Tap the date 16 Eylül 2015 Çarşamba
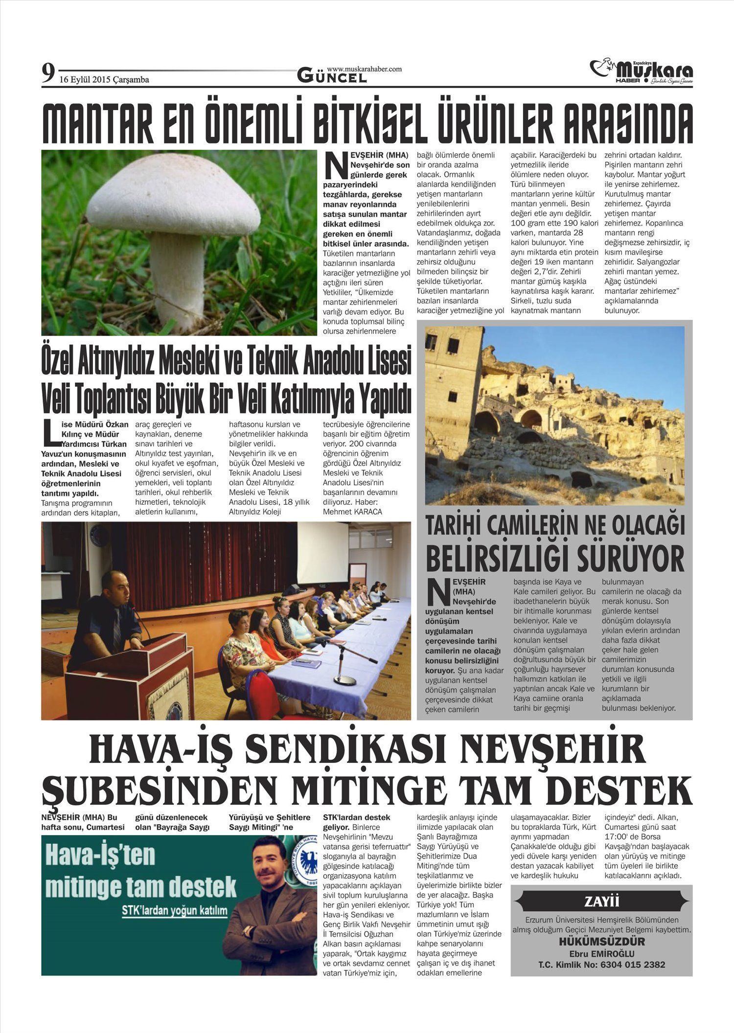click(x=104, y=80)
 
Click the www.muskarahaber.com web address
click(x=364, y=69)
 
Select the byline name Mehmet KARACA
click(x=352, y=512)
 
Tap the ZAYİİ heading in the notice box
click(x=601, y=901)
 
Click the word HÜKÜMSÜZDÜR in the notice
click(x=601, y=941)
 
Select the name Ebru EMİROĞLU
click(x=601, y=954)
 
